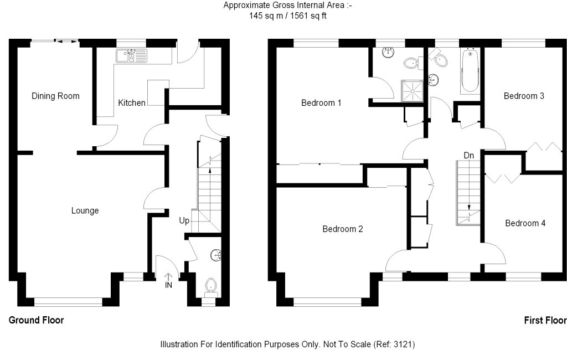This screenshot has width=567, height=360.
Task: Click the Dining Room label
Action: coord(55,96)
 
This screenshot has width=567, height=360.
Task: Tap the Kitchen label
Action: coord(132,103)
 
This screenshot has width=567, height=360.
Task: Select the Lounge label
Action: coord(85,210)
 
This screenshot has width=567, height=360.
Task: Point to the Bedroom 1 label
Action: coord(321,103)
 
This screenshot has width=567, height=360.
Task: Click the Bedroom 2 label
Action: coord(342,229)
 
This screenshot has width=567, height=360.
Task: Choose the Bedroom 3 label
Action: coord(524,96)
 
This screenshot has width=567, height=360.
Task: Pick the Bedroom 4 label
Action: coord(525,223)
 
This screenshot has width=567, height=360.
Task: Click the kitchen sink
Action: coord(132,55)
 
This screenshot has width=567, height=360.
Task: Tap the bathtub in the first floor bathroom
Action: coord(470,70)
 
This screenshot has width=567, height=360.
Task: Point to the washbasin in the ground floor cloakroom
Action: coord(216,255)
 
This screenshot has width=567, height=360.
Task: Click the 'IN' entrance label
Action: coord(168,285)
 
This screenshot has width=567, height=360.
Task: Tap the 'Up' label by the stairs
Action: coord(184,220)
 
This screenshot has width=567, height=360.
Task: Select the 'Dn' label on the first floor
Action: coord(468,156)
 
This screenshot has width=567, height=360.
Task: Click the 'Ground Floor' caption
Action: coord(36,320)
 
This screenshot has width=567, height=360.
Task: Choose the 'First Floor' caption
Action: coord(545,320)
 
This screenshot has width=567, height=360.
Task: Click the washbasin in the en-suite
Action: coord(388,52)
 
